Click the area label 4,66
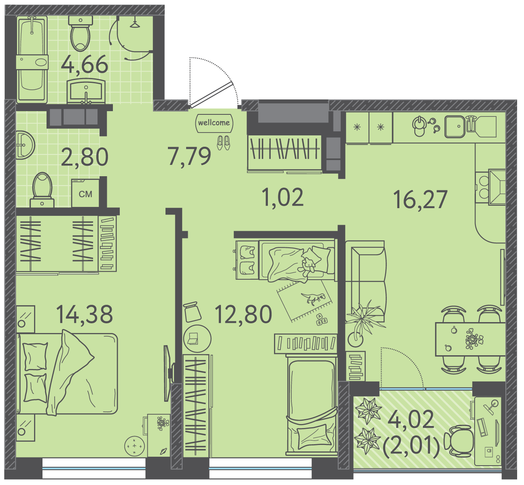(x=85, y=65)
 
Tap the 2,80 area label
(x=85, y=157)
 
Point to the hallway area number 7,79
(x=189, y=156)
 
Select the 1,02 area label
(x=282, y=197)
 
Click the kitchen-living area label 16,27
(x=420, y=200)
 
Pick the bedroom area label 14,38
(x=85, y=314)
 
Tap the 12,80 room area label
(x=243, y=314)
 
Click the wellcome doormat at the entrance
(x=214, y=123)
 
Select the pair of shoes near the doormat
(x=223, y=143)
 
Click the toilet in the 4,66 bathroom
(x=81, y=34)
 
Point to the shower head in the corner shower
(x=135, y=24)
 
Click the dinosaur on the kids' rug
(x=313, y=298)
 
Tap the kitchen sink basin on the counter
(x=455, y=127)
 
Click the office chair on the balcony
(x=459, y=440)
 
